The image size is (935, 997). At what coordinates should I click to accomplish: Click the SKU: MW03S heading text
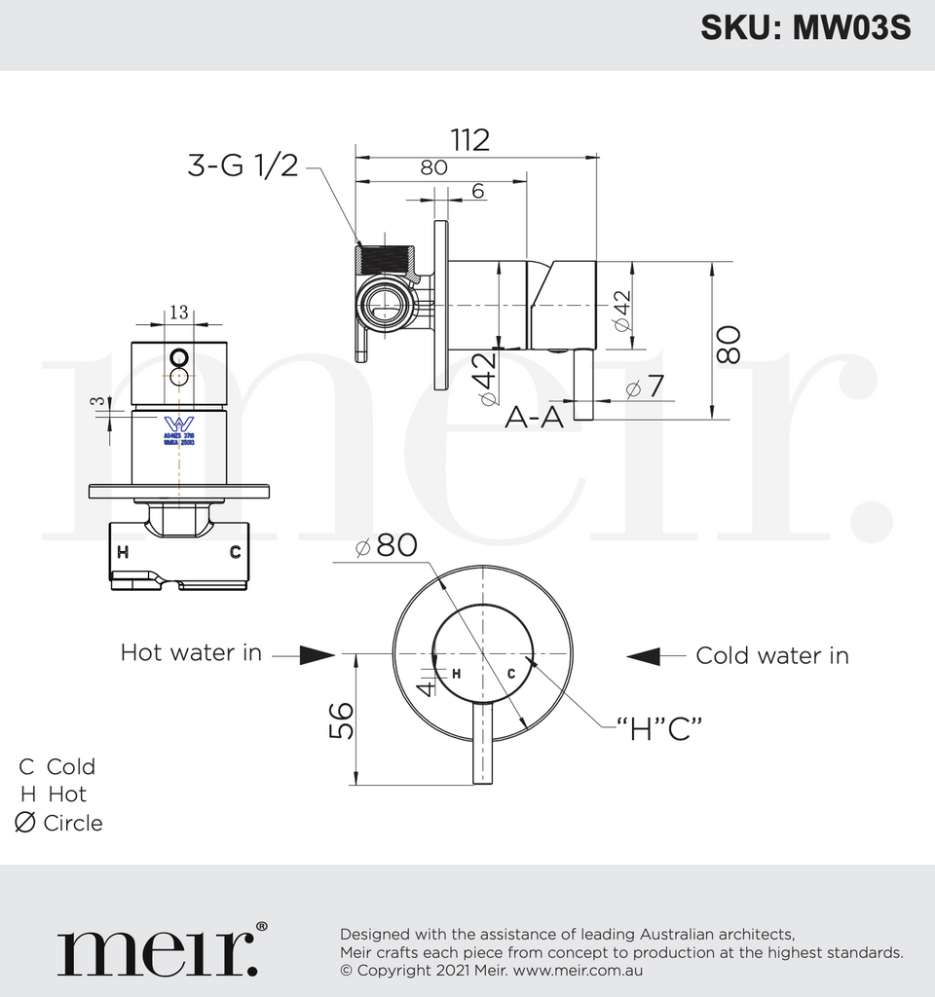pos(805,28)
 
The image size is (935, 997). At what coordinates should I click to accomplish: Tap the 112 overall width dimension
pos(469,140)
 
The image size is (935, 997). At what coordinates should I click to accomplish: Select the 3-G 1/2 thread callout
pos(243,165)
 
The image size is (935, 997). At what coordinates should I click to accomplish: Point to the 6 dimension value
pos(477,191)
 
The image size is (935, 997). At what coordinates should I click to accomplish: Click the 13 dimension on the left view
pos(179,313)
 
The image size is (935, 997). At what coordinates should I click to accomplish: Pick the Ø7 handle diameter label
pos(644,387)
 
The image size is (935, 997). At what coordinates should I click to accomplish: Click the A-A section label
pos(533,418)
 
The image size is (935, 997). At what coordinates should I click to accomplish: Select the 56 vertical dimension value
pos(341,721)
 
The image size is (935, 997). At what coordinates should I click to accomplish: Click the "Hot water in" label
pos(191,652)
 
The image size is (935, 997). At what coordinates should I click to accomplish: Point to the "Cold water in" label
pos(771,655)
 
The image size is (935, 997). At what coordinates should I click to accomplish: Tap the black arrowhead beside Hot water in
pos(318,655)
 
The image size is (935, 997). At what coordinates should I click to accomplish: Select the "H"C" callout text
pos(659,727)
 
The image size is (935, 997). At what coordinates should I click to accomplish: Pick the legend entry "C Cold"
pos(57,766)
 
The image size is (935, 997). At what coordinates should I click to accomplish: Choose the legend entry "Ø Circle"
pos(58,823)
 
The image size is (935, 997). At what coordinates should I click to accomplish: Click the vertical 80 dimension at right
pos(729,344)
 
